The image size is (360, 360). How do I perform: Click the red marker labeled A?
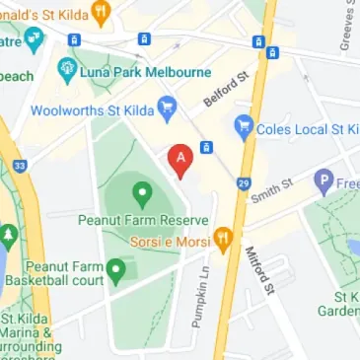[x=180, y=159]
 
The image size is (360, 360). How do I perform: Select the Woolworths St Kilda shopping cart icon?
[x=167, y=104]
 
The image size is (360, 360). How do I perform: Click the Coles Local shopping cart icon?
[x=243, y=126]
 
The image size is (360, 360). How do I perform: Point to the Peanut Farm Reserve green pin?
[x=142, y=191]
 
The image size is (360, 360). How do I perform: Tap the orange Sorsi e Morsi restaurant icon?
[x=224, y=238]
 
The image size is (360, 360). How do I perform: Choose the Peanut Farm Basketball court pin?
[x=115, y=267]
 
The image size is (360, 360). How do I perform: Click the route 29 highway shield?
[x=243, y=183]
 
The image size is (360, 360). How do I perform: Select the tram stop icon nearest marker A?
[x=206, y=147]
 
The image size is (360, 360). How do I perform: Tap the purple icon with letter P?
[x=324, y=180]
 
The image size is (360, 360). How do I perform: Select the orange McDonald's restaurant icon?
[x=100, y=13]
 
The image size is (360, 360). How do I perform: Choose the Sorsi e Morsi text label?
[x=174, y=238]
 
